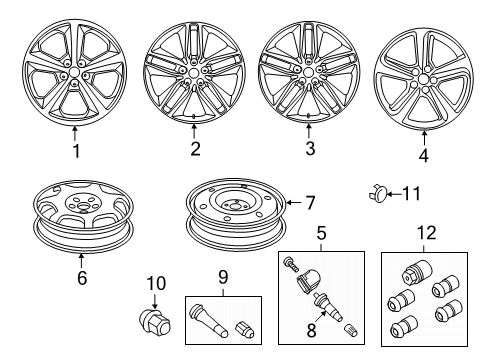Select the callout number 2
click(x=195, y=150)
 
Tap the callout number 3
click(x=309, y=149)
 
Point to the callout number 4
click(x=423, y=156)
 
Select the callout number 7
click(x=309, y=204)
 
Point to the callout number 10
click(x=154, y=285)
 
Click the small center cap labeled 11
click(x=379, y=193)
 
